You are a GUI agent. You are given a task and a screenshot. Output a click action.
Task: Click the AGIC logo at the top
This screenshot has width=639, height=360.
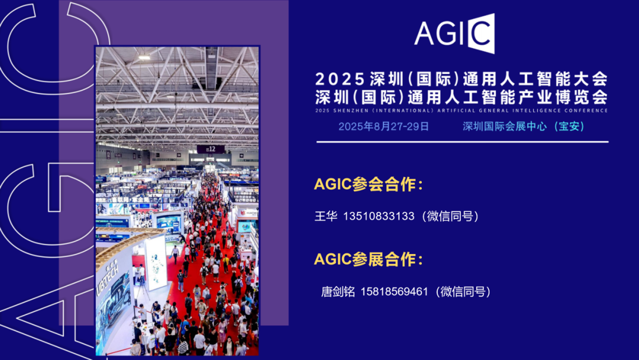[x=454, y=33]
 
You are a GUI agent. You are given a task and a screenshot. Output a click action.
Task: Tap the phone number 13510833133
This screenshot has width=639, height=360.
[x=379, y=216]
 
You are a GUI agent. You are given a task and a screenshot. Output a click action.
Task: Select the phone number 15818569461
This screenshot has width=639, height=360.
[x=395, y=291]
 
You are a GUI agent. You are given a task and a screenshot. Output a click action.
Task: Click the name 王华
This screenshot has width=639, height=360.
[x=326, y=216]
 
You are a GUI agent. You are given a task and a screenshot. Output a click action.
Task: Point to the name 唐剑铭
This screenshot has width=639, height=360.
[x=338, y=291]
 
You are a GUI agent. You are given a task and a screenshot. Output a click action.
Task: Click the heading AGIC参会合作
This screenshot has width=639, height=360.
[x=369, y=184]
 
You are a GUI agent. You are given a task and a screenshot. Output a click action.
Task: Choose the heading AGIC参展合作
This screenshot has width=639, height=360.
[x=369, y=259]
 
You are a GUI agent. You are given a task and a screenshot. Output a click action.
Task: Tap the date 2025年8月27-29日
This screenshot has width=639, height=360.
[x=383, y=126]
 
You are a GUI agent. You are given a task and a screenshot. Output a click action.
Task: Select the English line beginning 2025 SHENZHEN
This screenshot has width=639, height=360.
[x=461, y=111]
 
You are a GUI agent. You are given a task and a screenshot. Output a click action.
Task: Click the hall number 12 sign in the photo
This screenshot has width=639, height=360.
[x=211, y=149]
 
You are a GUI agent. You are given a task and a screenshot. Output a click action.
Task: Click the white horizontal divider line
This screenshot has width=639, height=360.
[x=463, y=142]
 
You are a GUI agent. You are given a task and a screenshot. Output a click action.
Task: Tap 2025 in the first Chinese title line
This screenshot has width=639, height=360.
[x=340, y=79]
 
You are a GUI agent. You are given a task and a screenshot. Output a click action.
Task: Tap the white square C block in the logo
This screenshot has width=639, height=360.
[x=481, y=33]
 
